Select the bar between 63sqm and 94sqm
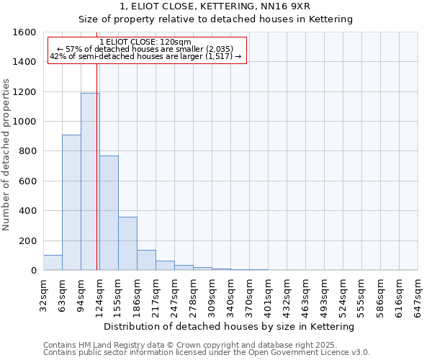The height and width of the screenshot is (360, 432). (x=71, y=202)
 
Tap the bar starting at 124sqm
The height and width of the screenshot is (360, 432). (x=109, y=213)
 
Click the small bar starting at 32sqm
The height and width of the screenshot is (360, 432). (x=53, y=263)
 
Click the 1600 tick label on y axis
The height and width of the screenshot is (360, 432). (x=24, y=32)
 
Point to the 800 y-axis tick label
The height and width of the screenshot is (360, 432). (x=27, y=151)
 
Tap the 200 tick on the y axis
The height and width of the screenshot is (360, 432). (x=27, y=240)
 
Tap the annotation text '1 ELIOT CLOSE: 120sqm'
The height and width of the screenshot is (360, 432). (x=145, y=42)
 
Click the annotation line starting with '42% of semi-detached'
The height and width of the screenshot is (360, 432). (x=147, y=56)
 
